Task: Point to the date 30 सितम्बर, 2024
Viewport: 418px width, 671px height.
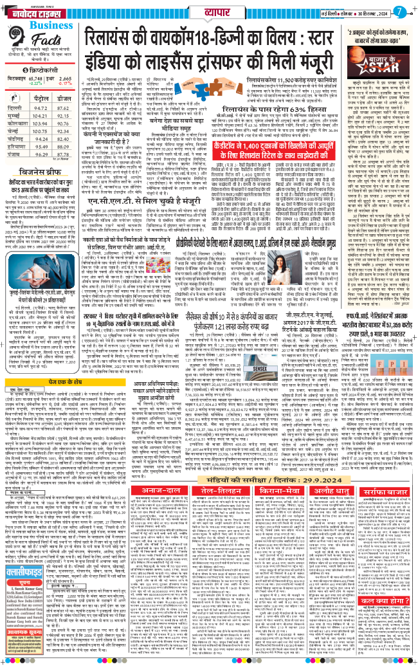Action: [367, 12]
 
